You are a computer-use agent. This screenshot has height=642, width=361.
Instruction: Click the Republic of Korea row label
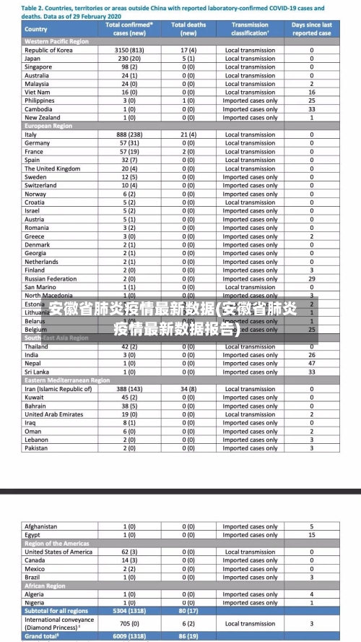(48, 50)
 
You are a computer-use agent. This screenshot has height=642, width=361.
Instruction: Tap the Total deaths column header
(188, 29)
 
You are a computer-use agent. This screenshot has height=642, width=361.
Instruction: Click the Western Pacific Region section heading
(57, 41)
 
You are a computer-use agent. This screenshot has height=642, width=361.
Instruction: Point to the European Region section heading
(48, 126)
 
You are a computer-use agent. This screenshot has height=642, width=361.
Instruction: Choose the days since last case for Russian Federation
(312, 278)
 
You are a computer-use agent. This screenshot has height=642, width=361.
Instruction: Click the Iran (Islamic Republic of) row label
(58, 389)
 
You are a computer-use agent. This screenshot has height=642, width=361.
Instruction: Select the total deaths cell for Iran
(188, 389)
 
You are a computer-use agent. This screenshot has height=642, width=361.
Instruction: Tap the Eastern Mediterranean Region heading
(67, 380)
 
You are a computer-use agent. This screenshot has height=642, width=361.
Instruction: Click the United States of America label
(58, 552)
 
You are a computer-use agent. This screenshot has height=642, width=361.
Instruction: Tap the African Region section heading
(45, 586)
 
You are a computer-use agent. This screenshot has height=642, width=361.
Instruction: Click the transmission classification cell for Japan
(250, 59)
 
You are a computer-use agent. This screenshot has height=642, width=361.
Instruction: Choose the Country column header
(36, 29)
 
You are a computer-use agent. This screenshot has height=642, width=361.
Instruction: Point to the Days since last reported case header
(312, 29)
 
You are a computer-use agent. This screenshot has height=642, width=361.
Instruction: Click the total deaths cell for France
(188, 152)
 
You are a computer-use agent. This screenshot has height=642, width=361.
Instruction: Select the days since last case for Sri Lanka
(312, 372)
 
